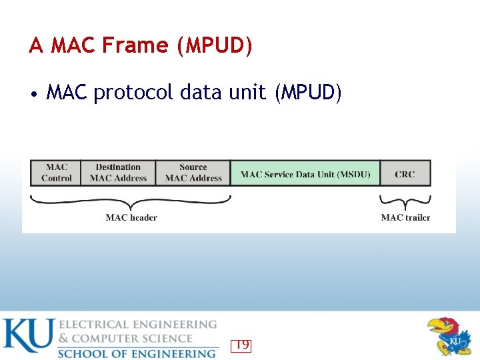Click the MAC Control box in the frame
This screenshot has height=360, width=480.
point(56,173)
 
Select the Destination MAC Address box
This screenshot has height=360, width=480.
point(118,173)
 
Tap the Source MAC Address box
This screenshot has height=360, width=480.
point(193,173)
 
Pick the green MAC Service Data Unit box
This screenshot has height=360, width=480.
point(305,173)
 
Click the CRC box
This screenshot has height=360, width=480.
point(405,173)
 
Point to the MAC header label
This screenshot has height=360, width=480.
point(131,217)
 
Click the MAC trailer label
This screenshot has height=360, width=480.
point(405,217)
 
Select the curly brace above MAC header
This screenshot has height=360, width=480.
point(131,201)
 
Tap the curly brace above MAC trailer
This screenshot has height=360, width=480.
point(405,201)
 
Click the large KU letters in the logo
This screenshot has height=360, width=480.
point(27,337)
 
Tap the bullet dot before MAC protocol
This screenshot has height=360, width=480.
point(33,94)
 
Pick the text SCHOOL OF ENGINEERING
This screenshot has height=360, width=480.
point(137,353)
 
